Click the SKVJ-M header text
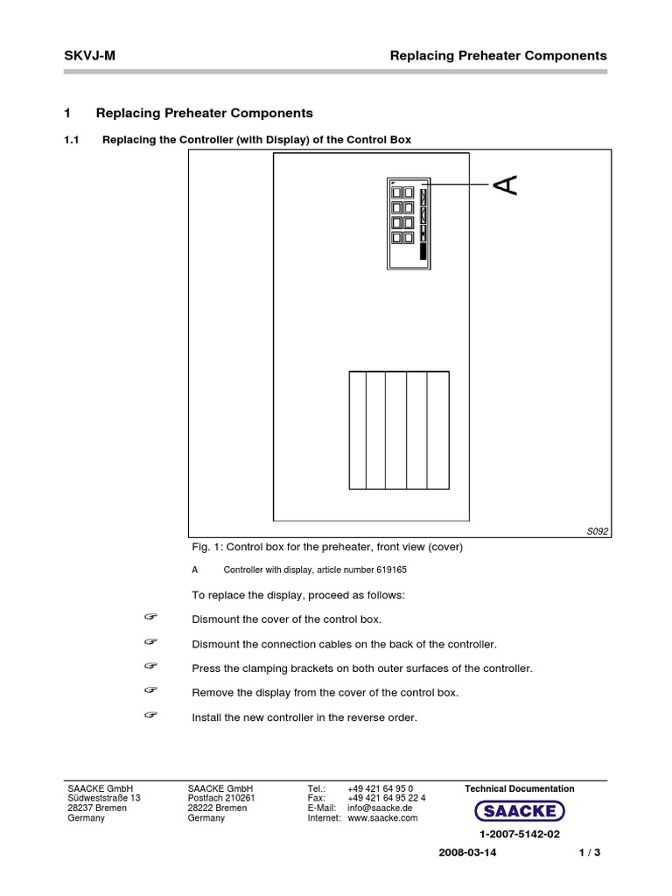coord(90,55)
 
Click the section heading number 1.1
coord(73,140)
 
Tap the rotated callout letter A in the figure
coord(506,185)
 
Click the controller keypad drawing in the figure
coord(408,222)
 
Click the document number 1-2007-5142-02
coord(520,836)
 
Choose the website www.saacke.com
coord(382,818)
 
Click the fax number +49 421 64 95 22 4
coord(386,798)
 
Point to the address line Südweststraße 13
coord(103,798)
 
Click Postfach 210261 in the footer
coord(220,798)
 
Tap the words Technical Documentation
coord(520,788)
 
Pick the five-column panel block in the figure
coord(399,430)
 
